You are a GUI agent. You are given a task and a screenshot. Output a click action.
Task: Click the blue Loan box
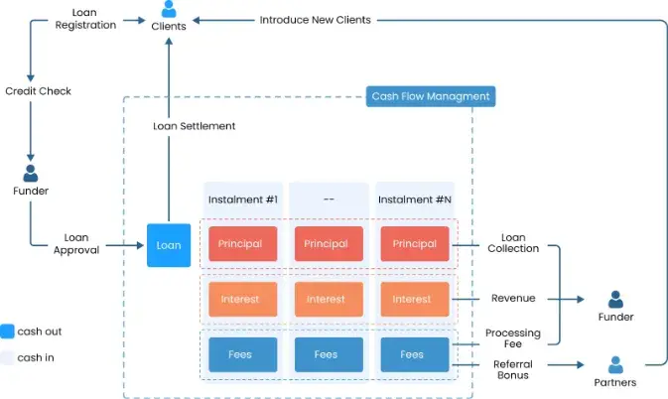point(169,245)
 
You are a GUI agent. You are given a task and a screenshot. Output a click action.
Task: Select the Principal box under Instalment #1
point(243,243)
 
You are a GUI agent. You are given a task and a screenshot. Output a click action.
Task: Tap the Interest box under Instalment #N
point(415,299)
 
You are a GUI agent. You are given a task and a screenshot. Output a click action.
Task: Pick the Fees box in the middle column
point(329,354)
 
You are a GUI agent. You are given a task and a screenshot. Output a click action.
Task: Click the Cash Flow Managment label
point(431,96)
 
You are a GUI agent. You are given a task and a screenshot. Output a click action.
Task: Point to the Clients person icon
point(169,9)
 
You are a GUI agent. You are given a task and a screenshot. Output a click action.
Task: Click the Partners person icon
point(615,365)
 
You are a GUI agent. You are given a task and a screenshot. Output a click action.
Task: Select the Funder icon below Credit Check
point(30,174)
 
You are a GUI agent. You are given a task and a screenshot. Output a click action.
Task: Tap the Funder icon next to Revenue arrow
point(615,300)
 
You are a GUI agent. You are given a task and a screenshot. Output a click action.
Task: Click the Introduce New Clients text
point(316,20)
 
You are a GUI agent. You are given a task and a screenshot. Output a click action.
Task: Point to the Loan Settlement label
point(195,126)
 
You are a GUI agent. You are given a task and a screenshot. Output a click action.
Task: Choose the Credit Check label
point(39,91)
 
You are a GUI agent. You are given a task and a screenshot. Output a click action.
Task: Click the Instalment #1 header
point(243,199)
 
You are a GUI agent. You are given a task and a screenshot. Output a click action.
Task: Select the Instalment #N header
point(415,199)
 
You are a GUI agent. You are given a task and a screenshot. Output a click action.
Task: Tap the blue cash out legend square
point(7,332)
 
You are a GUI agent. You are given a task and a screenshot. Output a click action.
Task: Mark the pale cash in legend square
point(7,357)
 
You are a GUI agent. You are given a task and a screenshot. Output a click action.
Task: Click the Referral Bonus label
point(513,369)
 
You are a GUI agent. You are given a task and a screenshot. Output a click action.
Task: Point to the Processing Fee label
point(513,338)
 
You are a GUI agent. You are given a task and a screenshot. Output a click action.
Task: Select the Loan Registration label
point(85,19)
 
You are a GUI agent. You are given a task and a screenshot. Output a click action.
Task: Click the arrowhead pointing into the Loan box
point(140,245)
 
